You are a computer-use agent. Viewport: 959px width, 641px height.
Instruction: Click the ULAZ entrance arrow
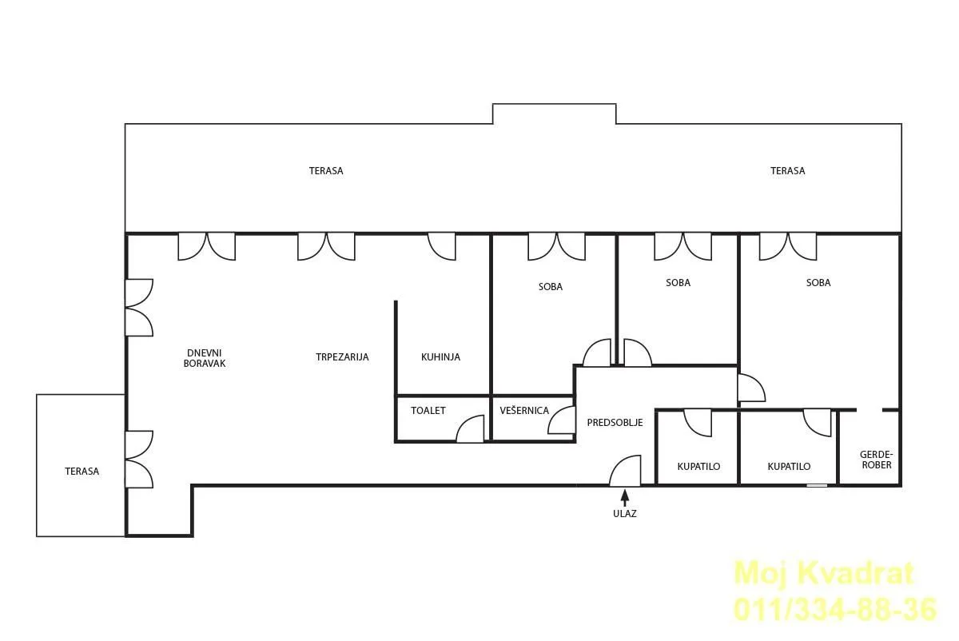coord(625,498)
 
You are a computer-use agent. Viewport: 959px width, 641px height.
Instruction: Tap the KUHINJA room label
coord(440,357)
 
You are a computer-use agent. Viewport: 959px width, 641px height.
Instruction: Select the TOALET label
coord(428,411)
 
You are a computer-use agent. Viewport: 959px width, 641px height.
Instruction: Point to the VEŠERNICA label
coord(524,410)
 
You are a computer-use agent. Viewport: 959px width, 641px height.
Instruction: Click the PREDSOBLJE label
coord(615,423)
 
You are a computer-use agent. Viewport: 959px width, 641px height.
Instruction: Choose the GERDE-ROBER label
coord(877,460)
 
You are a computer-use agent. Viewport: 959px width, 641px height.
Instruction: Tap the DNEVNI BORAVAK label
coord(205,358)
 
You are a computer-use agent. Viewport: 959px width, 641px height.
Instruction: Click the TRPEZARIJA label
coord(342,357)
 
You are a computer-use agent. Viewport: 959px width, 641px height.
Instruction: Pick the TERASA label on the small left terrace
coord(82,472)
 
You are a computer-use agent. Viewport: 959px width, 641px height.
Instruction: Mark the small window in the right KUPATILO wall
coord(817,485)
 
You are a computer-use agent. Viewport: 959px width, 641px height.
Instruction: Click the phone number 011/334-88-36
coord(835,609)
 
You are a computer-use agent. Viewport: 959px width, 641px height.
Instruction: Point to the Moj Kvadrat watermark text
coord(824,573)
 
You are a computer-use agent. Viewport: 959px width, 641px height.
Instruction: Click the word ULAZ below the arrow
coord(625,513)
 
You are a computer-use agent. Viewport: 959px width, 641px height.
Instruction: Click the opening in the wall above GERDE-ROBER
coord(869,410)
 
